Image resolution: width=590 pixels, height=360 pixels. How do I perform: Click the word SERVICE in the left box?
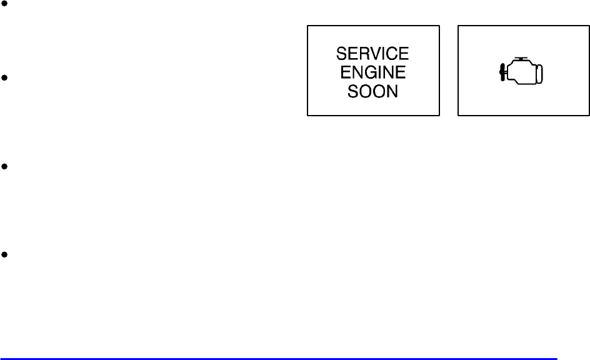[x=373, y=54]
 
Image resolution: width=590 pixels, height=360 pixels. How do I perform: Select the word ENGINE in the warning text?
[x=373, y=72]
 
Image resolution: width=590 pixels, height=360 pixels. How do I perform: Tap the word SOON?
[x=373, y=91]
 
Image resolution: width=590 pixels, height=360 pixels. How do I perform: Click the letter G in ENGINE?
[x=372, y=72]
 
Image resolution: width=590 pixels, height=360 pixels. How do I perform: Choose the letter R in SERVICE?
[x=364, y=54]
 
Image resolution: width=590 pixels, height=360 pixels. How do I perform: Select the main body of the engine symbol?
[x=521, y=72]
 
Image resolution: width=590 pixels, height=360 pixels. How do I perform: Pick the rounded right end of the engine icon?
[x=541, y=73]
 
